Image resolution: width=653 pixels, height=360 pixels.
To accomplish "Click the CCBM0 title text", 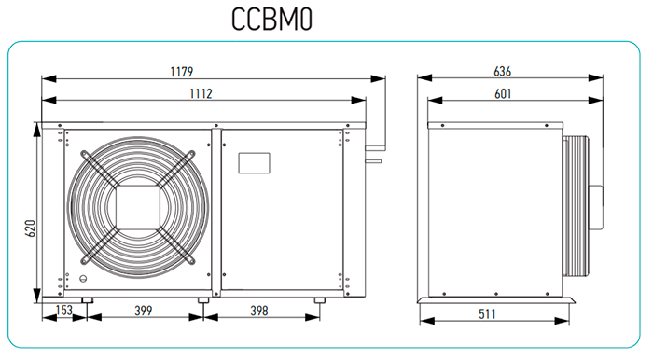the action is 271,20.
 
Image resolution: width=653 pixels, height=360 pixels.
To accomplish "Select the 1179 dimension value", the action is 182,72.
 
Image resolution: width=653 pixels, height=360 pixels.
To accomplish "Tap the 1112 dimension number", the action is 201,93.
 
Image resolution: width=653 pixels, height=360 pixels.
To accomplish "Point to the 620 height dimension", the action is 31,228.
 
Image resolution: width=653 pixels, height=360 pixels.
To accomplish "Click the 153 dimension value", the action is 64,310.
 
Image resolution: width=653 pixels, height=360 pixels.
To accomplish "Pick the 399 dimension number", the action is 144,311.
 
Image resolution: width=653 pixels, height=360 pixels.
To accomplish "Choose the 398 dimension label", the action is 259,311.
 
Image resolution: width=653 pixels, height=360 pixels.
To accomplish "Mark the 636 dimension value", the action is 502,71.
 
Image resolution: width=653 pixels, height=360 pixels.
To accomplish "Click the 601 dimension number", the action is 503,93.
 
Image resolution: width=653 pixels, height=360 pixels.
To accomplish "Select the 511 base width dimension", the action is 487,313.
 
